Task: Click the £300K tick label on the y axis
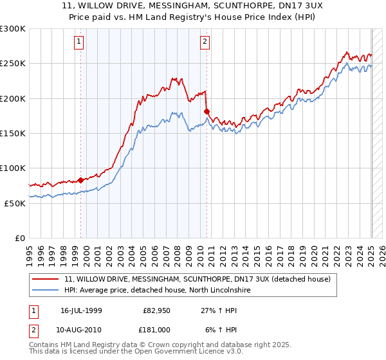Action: pyautogui.click(x=13, y=29)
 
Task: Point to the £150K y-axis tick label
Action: pyautogui.click(x=13, y=133)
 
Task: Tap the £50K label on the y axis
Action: pyautogui.click(x=15, y=203)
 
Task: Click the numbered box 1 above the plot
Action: pyautogui.click(x=78, y=42)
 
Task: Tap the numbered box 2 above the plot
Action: pyautogui.click(x=205, y=42)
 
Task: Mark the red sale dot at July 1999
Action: pyautogui.click(x=80, y=180)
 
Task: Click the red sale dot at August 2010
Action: pyautogui.click(x=207, y=112)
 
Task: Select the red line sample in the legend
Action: pyautogui.click(x=46, y=279)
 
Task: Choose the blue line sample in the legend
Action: pyautogui.click(x=46, y=290)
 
